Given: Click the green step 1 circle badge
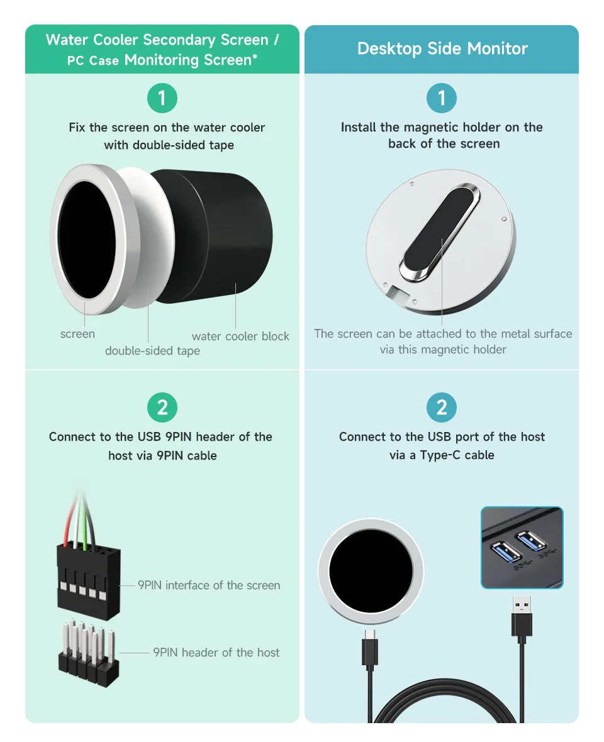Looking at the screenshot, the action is tap(162, 98).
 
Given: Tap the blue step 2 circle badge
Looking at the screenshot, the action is tap(441, 407).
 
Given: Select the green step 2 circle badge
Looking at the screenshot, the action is tap(162, 407).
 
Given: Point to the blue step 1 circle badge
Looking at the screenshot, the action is tap(441, 98).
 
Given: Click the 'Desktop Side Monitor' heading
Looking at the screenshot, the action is tap(442, 48).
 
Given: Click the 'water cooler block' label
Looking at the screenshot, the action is tap(240, 336).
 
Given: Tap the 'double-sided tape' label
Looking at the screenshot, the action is tap(152, 351).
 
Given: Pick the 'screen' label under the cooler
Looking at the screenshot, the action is tap(77, 334).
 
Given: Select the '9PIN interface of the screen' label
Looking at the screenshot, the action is tap(209, 585).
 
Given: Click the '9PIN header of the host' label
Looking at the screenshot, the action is tap(216, 653).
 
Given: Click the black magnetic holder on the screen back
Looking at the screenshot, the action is tap(439, 232).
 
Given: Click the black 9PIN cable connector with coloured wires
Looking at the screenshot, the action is tap(89, 580).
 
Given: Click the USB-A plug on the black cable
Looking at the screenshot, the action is tap(522, 617).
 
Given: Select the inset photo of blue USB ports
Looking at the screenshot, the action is tap(522, 548).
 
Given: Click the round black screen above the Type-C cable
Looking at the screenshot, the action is tap(371, 571).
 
